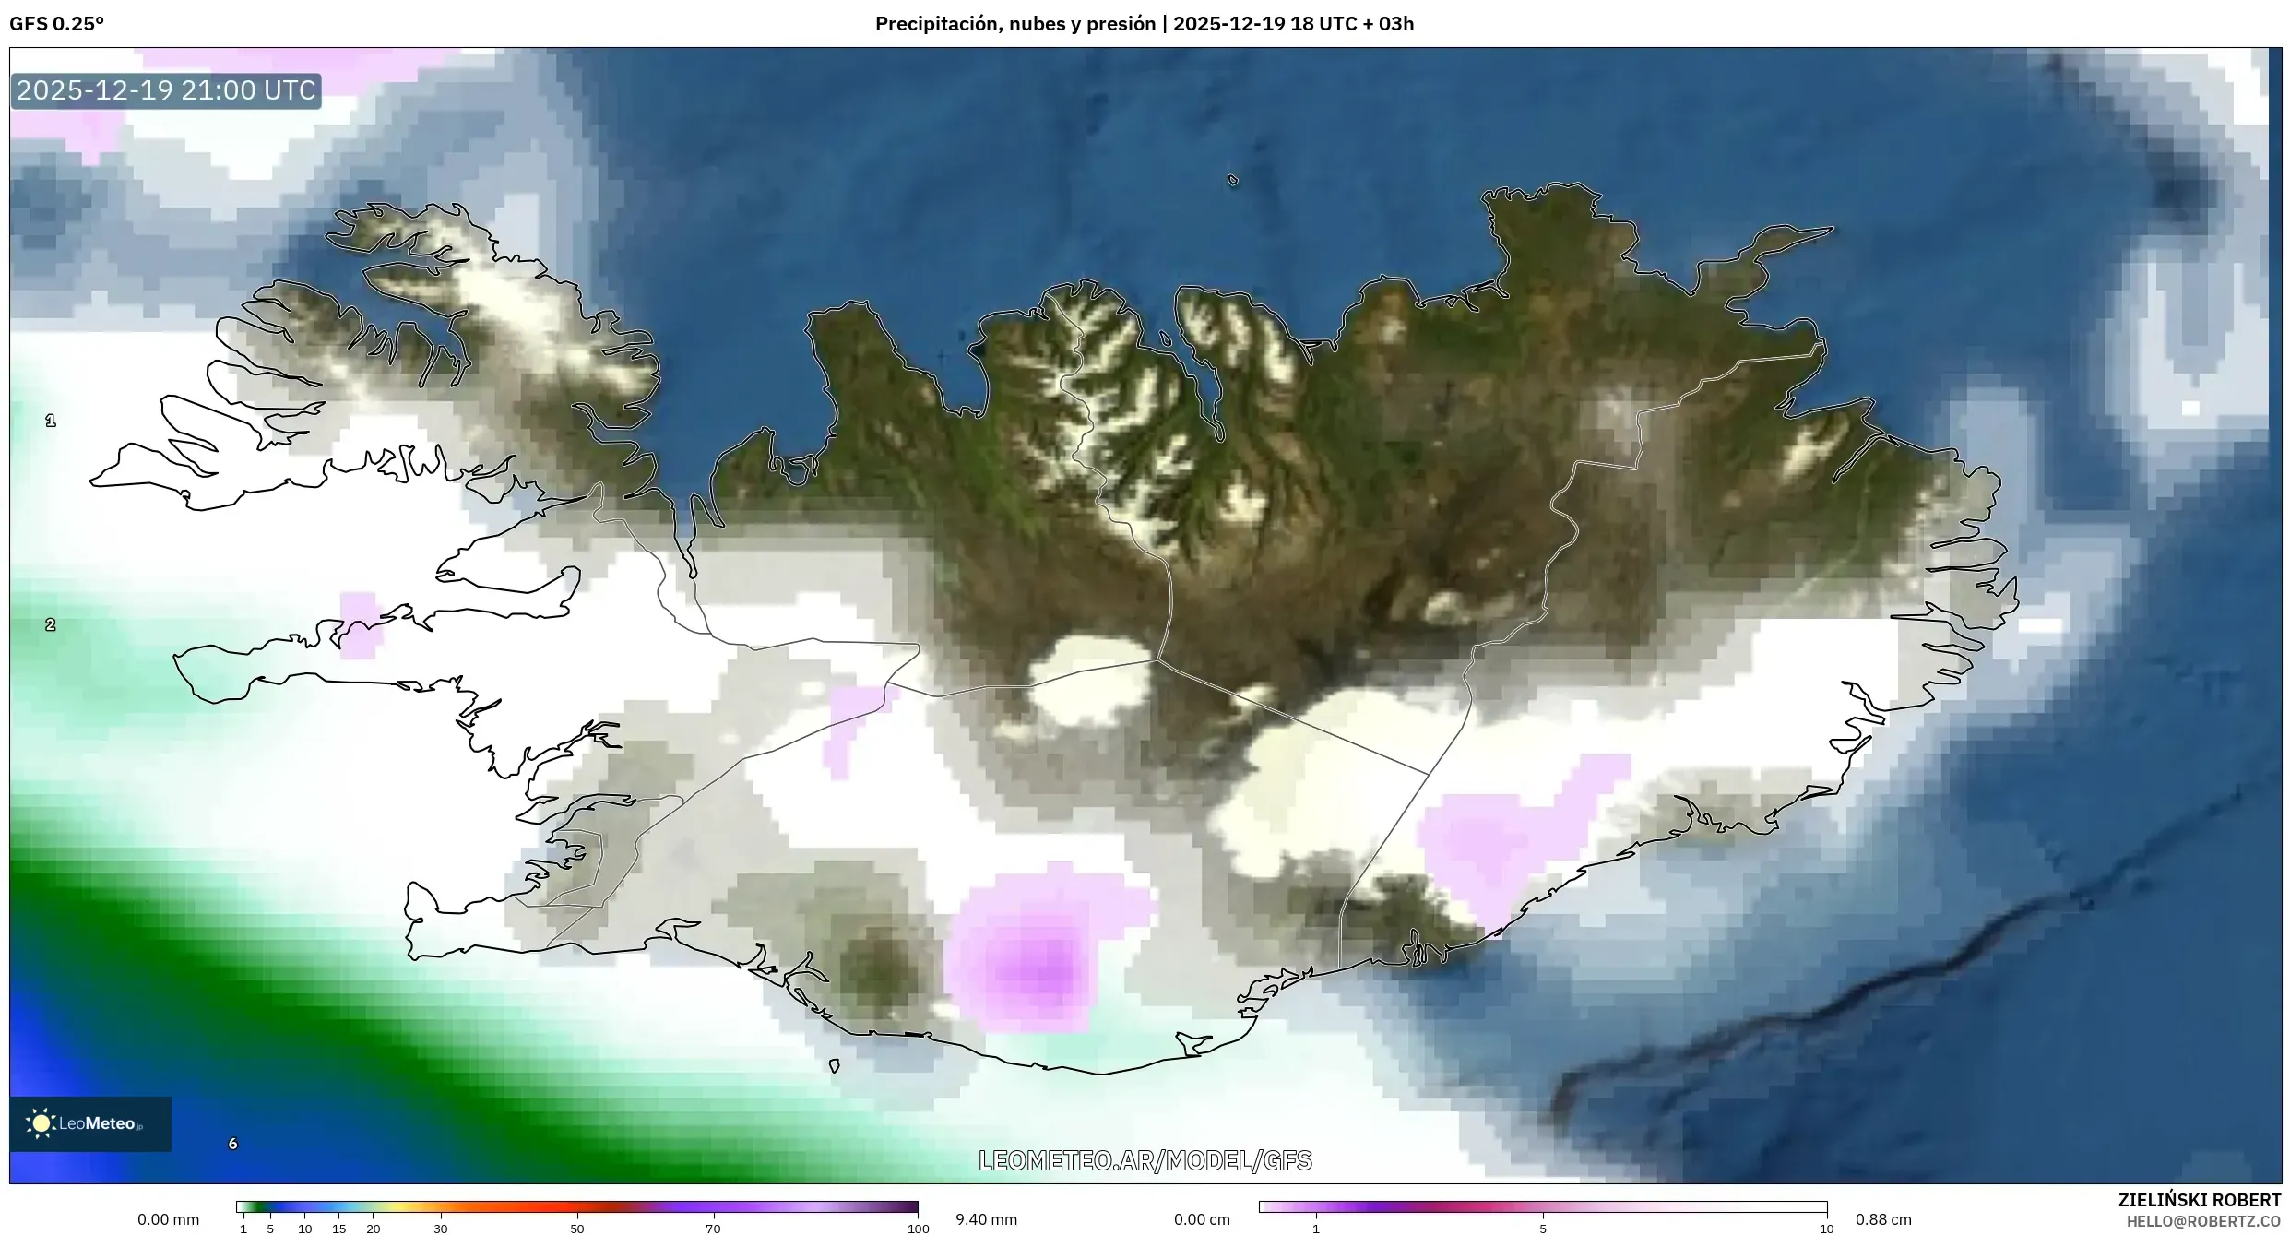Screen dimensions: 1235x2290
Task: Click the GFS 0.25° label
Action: point(57,24)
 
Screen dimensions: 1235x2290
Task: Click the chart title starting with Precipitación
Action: point(1144,24)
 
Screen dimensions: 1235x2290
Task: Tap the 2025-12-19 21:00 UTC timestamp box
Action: point(166,90)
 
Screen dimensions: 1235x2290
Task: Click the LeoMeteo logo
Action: point(89,1123)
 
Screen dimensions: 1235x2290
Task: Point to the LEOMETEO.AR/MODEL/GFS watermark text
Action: point(1145,1160)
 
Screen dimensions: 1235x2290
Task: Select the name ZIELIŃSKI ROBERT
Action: point(2199,1200)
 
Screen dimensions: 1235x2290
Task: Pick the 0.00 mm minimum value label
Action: point(168,1219)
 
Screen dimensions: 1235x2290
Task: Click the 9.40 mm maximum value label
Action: point(986,1219)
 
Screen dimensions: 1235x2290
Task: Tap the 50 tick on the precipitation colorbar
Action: point(577,1228)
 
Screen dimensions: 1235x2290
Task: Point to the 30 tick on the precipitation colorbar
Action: point(441,1228)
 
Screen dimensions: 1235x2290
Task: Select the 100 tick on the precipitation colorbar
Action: point(918,1228)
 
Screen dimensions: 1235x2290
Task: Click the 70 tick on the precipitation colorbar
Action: point(713,1228)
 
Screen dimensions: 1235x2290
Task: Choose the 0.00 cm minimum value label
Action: point(1202,1219)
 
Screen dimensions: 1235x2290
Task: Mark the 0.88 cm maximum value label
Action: point(1883,1219)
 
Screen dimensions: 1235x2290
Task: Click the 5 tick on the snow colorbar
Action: point(1543,1228)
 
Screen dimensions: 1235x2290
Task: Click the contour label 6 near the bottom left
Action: point(232,1144)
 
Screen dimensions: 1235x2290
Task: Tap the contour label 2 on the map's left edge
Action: point(51,624)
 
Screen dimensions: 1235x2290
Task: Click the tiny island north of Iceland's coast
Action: point(1233,181)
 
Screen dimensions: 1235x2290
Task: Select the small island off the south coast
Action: point(835,1065)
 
